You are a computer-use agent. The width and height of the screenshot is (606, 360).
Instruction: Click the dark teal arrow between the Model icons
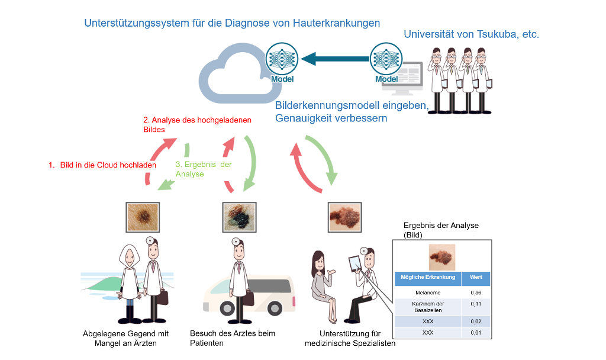[334, 59]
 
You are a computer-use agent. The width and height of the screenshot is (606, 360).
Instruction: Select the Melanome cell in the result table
[428, 292]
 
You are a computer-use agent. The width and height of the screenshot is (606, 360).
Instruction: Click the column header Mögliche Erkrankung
[428, 278]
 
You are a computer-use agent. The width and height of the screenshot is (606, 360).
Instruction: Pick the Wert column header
[475, 278]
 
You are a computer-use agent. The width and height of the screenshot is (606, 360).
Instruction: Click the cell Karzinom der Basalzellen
[428, 307]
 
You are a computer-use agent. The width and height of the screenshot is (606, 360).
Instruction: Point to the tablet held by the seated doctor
[354, 262]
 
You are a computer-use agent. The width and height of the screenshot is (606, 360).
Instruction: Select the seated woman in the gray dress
[323, 284]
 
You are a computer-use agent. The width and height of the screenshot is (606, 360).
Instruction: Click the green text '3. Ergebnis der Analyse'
[203, 169]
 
